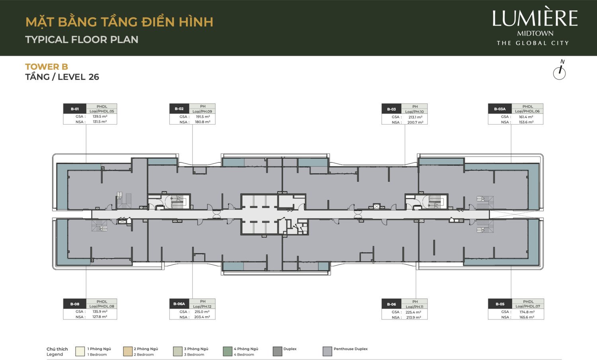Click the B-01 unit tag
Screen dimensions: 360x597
pos(75,109)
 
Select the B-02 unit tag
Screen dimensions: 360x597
pos(179,109)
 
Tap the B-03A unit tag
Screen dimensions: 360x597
pos(500,109)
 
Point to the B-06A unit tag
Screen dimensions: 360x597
pos(179,304)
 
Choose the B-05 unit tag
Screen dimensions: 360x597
pos(500,304)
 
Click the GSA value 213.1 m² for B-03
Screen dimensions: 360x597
pos(415,117)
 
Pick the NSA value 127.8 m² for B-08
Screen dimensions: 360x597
pos(99,317)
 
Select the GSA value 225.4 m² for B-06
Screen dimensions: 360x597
pos(413,312)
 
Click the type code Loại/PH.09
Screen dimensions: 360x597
pos(202,111)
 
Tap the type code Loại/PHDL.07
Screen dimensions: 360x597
pos(528,306)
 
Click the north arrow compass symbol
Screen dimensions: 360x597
pos(560,72)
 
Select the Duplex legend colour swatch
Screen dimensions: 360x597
pos(277,351)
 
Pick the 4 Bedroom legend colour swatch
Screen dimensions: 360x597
pos(227,351)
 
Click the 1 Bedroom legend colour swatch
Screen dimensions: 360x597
pos(80,351)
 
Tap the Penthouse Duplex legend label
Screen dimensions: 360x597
pos(350,349)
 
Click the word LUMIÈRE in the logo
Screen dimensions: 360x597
pos(535,19)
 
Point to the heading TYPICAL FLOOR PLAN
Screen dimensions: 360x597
pos(82,40)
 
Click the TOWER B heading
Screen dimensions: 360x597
pos(47,67)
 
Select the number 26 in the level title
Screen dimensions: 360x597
pos(94,77)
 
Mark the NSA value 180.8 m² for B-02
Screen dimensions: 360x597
pos(202,122)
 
